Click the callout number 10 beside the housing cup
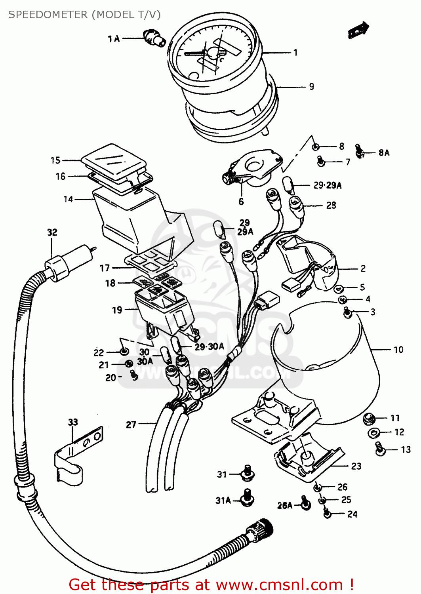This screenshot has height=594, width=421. [398, 350]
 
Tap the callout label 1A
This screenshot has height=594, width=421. [114, 38]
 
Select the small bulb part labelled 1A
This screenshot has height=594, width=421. [154, 38]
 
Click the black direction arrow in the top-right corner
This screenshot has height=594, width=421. [358, 30]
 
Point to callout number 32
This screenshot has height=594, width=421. [52, 232]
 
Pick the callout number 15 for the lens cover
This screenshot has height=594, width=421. [55, 160]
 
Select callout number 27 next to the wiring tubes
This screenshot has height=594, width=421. [131, 425]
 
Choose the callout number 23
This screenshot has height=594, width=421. [356, 466]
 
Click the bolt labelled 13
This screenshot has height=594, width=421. [380, 449]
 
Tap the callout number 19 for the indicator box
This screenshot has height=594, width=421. [117, 310]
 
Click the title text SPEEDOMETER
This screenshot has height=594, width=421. [48, 15]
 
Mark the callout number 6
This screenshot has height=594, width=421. [241, 202]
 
